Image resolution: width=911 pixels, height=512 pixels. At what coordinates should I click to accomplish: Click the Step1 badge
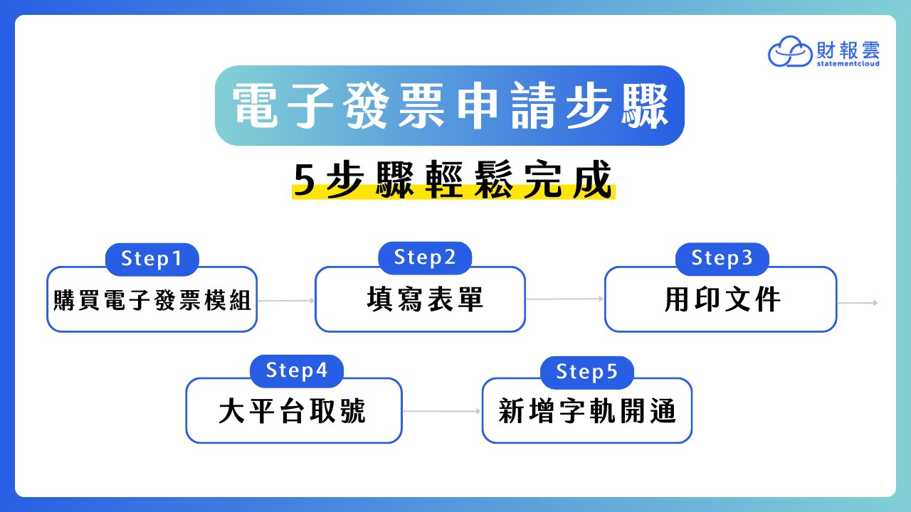point(152,260)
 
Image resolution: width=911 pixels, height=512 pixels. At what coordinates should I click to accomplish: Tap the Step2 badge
point(425,258)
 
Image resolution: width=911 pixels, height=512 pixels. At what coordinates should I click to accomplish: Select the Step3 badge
point(722,259)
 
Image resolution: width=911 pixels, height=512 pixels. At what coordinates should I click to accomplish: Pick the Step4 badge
point(297,371)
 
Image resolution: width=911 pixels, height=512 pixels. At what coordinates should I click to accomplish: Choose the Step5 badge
point(587,373)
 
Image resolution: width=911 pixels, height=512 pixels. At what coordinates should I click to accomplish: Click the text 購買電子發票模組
point(152,300)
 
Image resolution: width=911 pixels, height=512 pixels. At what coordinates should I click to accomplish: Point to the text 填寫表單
point(425,299)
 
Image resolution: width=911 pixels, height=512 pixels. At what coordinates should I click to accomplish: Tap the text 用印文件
point(722,300)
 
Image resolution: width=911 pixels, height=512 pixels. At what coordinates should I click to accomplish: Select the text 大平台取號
point(293,411)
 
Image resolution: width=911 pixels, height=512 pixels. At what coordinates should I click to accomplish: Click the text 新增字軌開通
point(587,411)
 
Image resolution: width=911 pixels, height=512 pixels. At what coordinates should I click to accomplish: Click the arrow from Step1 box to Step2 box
point(286,301)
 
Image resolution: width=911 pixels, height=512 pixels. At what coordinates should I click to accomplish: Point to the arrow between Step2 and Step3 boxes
point(565,299)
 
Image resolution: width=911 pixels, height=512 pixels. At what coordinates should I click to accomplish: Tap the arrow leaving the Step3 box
point(858,303)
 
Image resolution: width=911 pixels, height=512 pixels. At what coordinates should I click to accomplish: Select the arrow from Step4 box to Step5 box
point(442,411)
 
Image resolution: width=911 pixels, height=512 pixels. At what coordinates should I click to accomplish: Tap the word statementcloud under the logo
point(848,63)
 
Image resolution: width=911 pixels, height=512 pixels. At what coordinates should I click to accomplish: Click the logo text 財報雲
point(848,50)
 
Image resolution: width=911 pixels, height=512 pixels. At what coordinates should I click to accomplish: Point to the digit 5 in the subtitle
point(304,181)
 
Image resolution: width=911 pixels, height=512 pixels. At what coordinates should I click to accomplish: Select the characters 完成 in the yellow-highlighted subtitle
point(568,179)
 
